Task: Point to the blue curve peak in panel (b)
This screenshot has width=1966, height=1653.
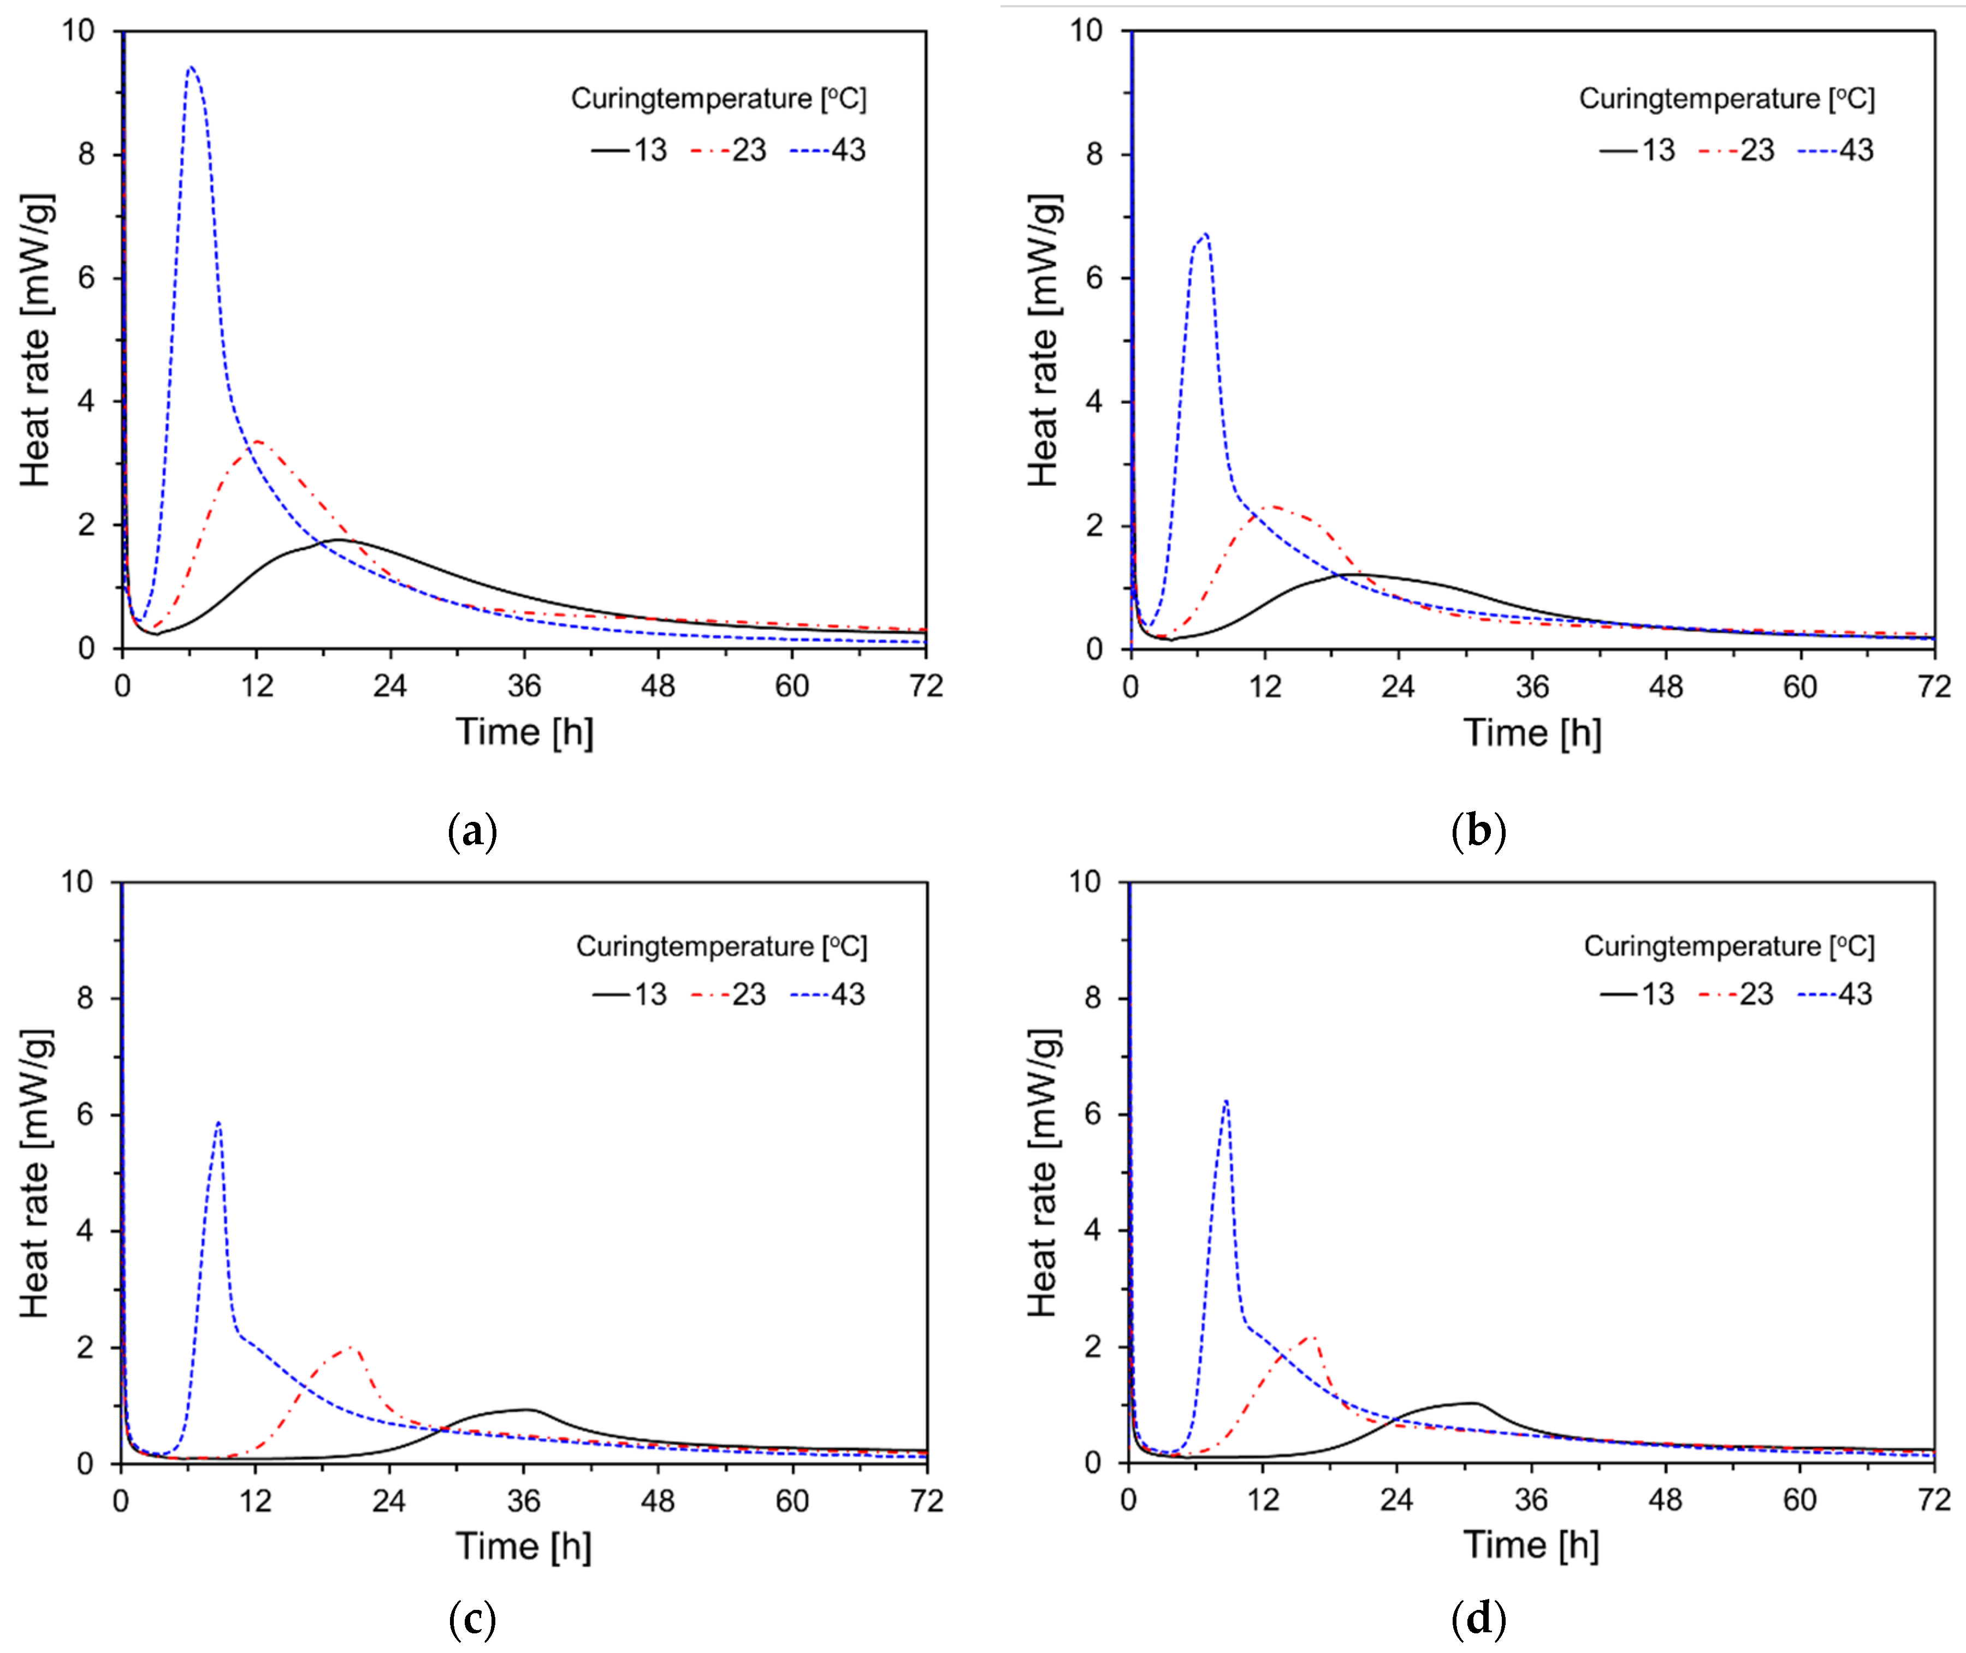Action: (1206, 234)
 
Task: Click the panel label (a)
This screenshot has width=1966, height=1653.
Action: (472, 831)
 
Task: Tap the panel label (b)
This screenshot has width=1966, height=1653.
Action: (1478, 831)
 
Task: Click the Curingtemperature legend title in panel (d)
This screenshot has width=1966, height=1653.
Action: (1729, 946)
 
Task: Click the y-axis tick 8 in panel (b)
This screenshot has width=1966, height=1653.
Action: (1093, 154)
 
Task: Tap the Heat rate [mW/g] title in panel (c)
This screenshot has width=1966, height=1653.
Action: (35, 1173)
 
